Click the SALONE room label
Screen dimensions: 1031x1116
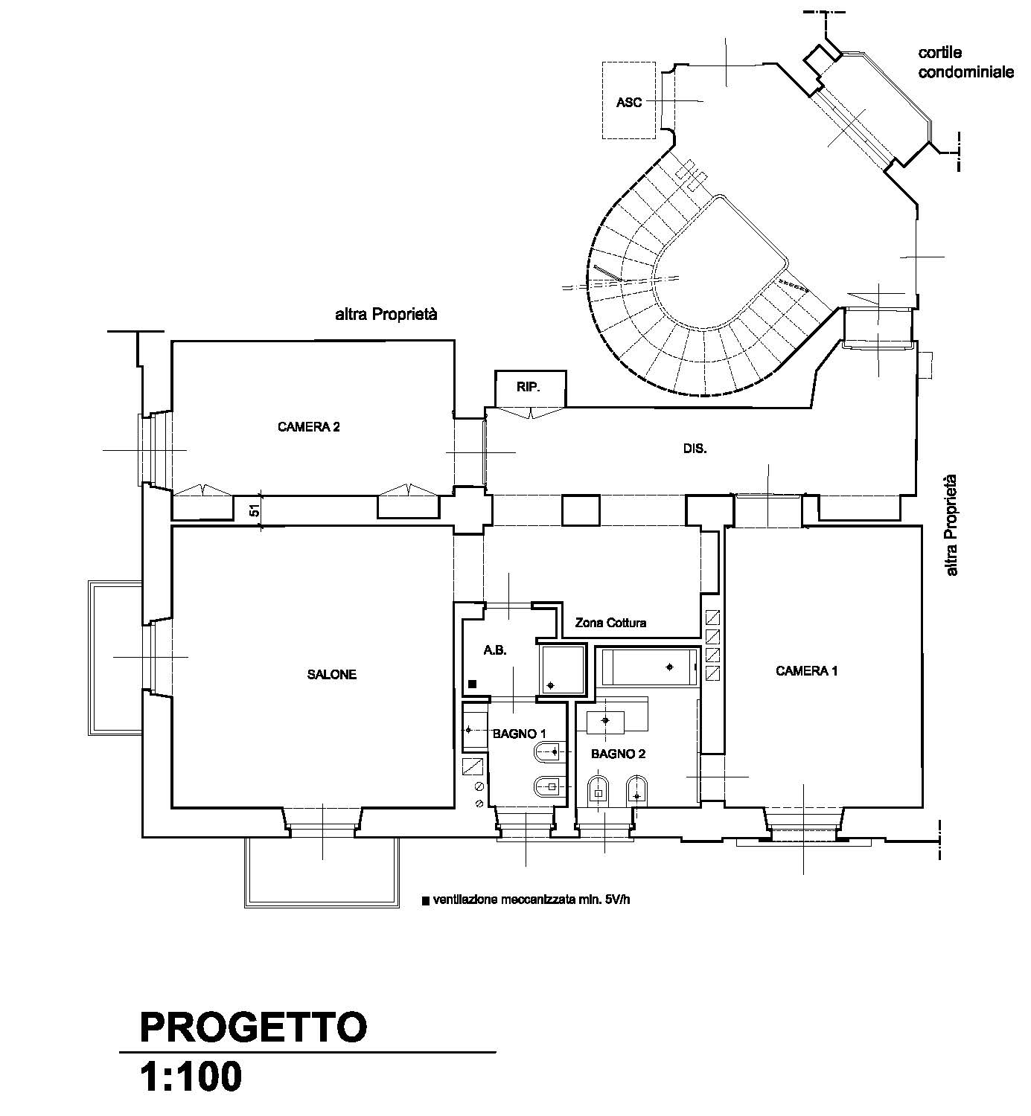pyautogui.click(x=331, y=674)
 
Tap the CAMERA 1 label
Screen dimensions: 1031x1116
pyautogui.click(x=806, y=670)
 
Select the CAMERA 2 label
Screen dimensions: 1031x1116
pyautogui.click(x=308, y=426)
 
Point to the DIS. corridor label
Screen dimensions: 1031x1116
pyautogui.click(x=695, y=449)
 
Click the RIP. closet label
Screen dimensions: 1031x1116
pyautogui.click(x=529, y=387)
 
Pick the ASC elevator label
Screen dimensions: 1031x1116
pyautogui.click(x=629, y=102)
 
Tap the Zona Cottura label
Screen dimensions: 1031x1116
pyautogui.click(x=610, y=623)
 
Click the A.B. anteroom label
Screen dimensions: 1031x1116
pyautogui.click(x=495, y=650)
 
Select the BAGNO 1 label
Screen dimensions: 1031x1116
pyautogui.click(x=519, y=734)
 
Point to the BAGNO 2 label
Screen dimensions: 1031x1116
pyautogui.click(x=618, y=754)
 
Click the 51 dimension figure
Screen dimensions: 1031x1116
pyautogui.click(x=255, y=510)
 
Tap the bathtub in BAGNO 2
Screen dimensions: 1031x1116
pyautogui.click(x=648, y=667)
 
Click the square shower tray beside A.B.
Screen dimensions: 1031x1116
pyautogui.click(x=563, y=670)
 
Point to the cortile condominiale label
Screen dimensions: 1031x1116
pyautogui.click(x=965, y=62)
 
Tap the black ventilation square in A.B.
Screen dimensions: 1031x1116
pyautogui.click(x=473, y=684)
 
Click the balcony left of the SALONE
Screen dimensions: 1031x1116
pyautogui.click(x=115, y=658)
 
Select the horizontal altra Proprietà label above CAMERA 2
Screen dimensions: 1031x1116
pyautogui.click(x=386, y=314)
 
